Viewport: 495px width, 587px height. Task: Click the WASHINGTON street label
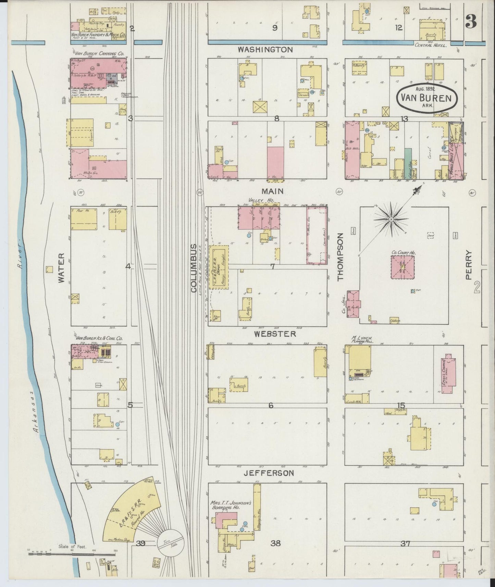pos(265,50)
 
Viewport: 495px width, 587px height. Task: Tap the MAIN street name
pos(273,191)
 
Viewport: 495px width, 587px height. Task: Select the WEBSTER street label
pos(275,333)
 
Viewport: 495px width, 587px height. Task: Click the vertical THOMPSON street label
pos(340,257)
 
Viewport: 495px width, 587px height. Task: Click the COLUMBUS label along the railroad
pos(194,268)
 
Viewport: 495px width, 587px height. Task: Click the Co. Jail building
pos(354,303)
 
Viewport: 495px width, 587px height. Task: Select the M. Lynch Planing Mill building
pos(360,361)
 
